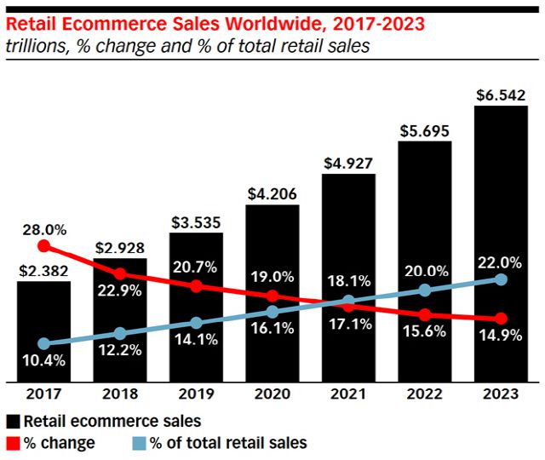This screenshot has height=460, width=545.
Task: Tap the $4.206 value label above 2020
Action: click(272, 194)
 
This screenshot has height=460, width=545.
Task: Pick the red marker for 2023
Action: click(501, 318)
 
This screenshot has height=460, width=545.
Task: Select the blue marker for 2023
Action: click(501, 279)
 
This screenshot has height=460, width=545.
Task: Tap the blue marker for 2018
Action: click(120, 333)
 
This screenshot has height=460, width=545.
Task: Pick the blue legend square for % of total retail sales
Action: click(138, 442)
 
